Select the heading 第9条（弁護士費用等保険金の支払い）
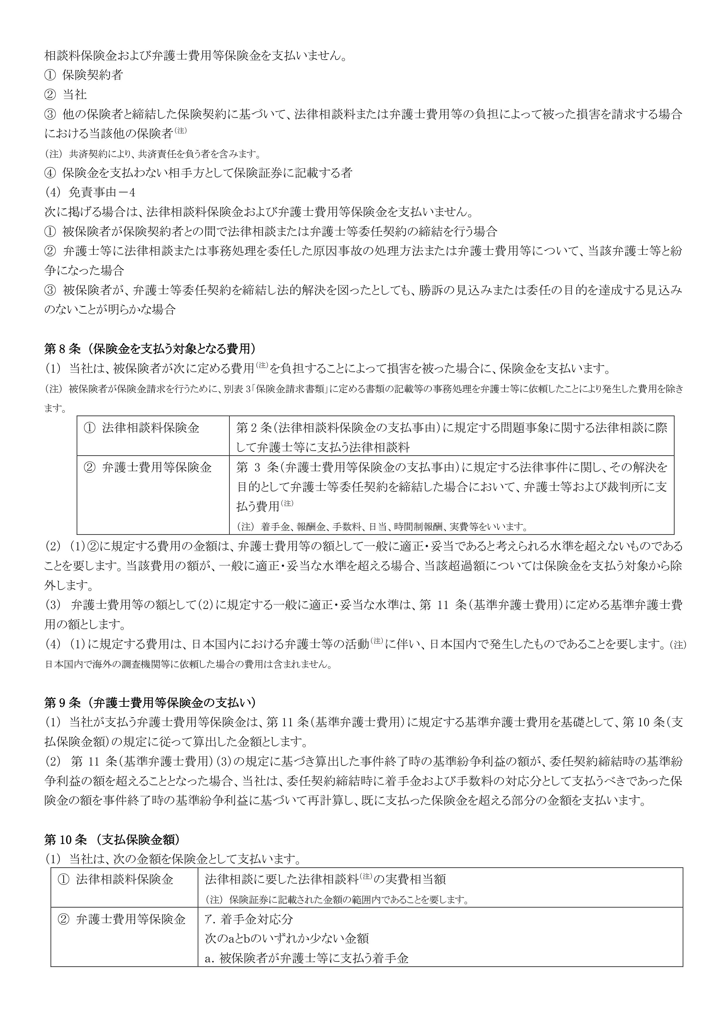[150, 702]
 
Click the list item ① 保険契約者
[84, 75]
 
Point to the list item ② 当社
[66, 94]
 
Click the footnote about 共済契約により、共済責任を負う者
[152, 154]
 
